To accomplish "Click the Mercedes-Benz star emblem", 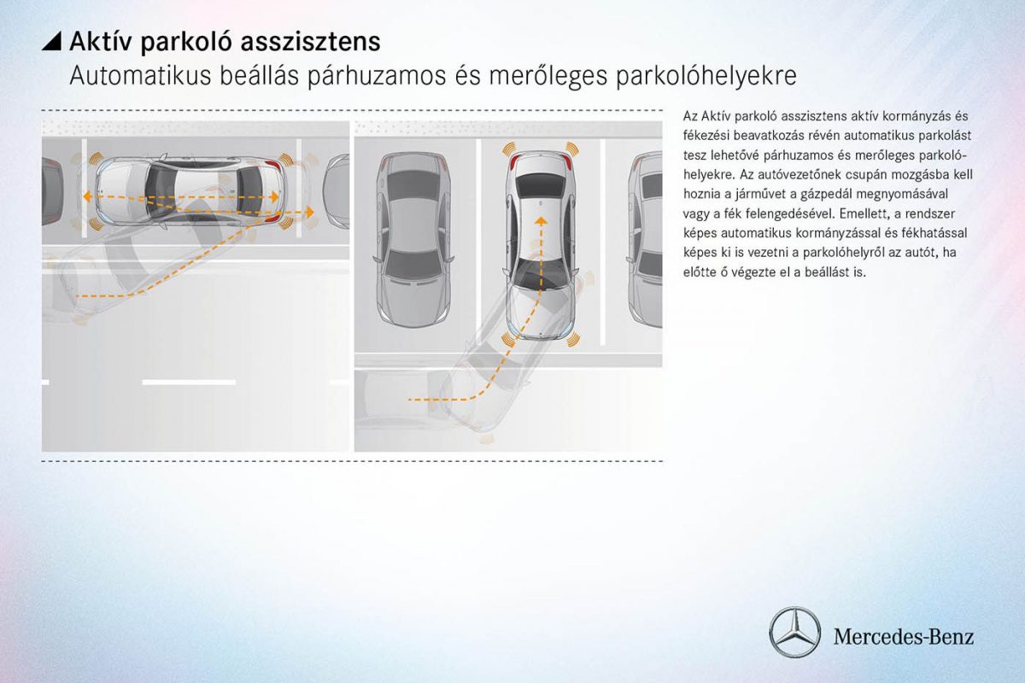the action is (x=795, y=633).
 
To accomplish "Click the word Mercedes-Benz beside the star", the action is (x=904, y=636).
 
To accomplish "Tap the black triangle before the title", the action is (x=52, y=41).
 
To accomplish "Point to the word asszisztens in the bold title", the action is (x=310, y=42).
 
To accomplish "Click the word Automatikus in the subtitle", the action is (x=140, y=76).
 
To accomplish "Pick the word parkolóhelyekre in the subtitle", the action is (x=706, y=76).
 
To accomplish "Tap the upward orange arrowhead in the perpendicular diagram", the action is (x=542, y=221).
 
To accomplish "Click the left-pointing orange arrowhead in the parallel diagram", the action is (x=86, y=196).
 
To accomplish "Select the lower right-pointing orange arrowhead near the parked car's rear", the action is (x=310, y=213).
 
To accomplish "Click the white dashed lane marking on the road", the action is (x=189, y=382).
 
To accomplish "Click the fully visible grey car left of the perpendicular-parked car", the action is (x=413, y=239).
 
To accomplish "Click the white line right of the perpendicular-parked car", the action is (x=602, y=242).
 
